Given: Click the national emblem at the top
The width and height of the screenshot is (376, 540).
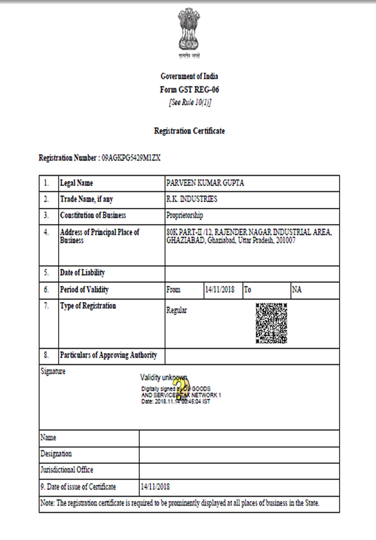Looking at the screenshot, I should coord(189,32).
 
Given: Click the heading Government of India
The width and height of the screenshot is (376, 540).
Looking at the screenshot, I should coord(189,76).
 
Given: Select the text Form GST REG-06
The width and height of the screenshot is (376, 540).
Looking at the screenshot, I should coord(189,89).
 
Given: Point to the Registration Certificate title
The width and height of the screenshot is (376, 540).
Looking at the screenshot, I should coord(189,131).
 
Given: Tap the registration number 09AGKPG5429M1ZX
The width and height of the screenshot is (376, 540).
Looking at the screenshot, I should coord(131,158).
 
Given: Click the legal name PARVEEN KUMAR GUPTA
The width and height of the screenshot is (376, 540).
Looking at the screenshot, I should coord(205,183).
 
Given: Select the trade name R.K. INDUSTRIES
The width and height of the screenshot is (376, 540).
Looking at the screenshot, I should coord(192,199).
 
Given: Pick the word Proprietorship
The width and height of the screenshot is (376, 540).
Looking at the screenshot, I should coord(185,215).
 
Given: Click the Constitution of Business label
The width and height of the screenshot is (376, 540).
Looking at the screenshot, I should coord(93,215).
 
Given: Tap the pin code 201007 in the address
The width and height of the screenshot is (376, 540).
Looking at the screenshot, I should coord(286,240).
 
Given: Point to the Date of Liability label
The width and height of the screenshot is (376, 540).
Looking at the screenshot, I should coord(82,273).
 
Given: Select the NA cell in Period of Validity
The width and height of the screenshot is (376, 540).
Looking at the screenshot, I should coord(297,290).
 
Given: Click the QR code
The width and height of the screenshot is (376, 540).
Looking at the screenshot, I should coord(271,323).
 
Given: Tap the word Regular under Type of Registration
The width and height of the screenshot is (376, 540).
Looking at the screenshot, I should coord(176,310).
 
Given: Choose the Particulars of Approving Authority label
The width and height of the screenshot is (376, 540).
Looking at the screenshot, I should coord(108,355).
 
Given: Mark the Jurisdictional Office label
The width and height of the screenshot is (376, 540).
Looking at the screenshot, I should coord(67,470).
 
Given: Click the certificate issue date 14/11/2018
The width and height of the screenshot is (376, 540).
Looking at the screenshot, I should coord(155,487).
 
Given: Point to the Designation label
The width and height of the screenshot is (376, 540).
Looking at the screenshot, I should coord(56,454).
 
